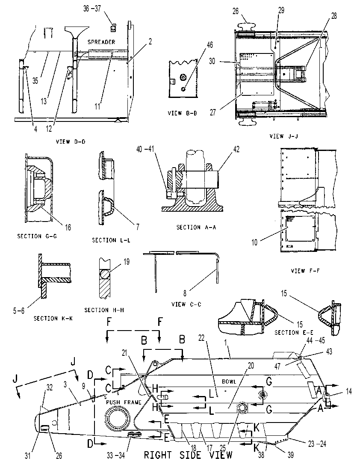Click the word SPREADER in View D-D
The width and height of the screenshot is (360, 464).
point(101,42)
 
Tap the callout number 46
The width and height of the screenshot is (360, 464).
point(210,44)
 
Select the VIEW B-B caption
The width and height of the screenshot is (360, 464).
point(182,113)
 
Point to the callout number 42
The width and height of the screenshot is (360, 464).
point(236,149)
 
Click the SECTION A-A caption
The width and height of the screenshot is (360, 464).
point(196,227)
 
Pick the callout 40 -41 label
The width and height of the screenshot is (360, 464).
point(145,149)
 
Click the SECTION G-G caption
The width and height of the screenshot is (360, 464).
point(37,236)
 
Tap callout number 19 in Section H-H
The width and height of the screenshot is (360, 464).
point(126,262)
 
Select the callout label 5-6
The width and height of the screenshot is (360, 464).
point(19,311)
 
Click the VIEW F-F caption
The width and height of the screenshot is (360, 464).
point(305,271)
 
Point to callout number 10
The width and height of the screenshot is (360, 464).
point(255,242)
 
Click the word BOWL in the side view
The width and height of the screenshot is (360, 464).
point(229,381)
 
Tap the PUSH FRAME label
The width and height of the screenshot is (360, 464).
point(124,402)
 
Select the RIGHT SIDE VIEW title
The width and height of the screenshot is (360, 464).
point(188,455)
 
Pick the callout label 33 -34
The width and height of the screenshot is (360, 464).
point(116,455)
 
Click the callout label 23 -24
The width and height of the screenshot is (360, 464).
point(317,443)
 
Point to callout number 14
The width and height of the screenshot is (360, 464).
point(349,391)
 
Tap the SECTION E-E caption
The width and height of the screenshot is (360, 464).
point(294,333)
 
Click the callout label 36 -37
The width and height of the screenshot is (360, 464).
point(92,9)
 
